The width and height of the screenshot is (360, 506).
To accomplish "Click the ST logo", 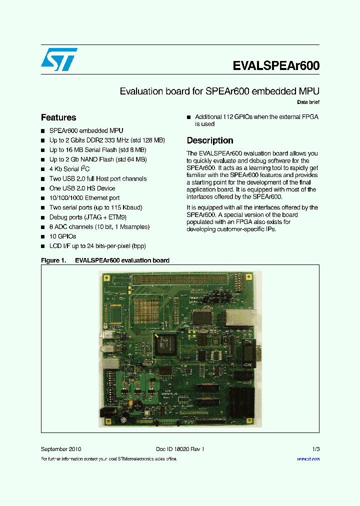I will [59, 59].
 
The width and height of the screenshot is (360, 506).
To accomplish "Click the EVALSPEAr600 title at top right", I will [276, 66].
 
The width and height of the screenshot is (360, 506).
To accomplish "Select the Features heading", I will [58, 117].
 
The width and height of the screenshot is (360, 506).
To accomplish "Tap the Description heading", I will [210, 140].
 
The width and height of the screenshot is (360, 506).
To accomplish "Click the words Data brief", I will [308, 102].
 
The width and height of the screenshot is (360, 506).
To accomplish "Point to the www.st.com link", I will [308, 458].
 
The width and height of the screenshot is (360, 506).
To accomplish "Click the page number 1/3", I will [315, 449].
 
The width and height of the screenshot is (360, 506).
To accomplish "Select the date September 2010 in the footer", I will [61, 449].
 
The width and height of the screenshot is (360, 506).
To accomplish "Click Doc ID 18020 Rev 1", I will [177, 449].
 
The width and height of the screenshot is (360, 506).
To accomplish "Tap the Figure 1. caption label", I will [53, 260].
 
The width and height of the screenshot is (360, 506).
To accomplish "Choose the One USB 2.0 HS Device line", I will [82, 188].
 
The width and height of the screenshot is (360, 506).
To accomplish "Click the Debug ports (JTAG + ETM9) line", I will [87, 217].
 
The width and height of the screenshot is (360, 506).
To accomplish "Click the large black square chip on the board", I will [165, 345].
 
